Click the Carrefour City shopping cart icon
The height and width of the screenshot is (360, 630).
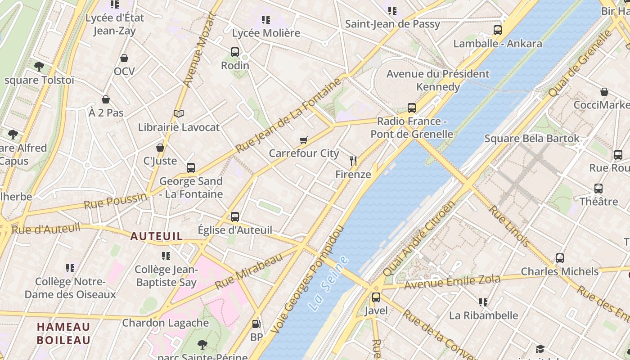click(304, 140)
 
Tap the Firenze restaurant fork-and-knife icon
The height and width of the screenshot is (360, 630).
click(353, 161)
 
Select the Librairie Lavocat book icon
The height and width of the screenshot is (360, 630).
click(179, 114)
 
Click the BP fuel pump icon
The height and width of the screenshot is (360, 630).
click(256, 324)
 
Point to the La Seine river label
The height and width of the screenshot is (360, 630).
click(329, 283)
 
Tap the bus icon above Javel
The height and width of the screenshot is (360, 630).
click(376, 297)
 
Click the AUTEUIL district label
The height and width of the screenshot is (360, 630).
click(157, 236)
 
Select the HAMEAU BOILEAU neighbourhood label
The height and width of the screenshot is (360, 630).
click(63, 333)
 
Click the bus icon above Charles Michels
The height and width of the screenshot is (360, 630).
click(559, 258)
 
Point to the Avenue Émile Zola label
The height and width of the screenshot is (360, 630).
click(452, 282)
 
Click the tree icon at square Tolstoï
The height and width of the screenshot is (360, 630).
click(39, 67)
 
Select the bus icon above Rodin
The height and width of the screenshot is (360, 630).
click(235, 52)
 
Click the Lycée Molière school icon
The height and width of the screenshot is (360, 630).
click(266, 20)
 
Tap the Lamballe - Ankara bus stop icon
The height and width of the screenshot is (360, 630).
click(497, 30)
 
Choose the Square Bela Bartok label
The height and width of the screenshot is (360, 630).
click(531, 139)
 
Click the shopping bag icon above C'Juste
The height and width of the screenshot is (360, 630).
click(160, 148)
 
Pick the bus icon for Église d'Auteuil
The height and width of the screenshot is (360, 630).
click(235, 217)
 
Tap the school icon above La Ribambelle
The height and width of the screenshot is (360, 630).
click(483, 302)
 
